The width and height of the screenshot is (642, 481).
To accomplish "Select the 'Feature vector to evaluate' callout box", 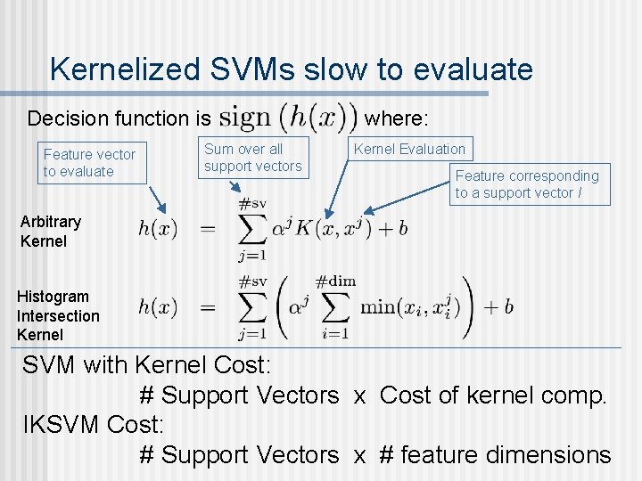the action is [x=89, y=163].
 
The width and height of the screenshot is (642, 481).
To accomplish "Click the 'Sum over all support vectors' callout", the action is [x=252, y=158].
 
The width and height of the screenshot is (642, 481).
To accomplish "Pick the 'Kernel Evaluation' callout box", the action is [x=409, y=150].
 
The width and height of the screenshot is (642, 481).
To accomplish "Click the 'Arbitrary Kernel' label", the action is [x=51, y=231].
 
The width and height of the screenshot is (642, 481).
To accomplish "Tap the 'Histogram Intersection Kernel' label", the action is [x=58, y=315].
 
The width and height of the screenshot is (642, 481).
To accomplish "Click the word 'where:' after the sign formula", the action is [x=397, y=118].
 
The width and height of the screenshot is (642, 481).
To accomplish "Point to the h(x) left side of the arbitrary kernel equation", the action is [x=158, y=228].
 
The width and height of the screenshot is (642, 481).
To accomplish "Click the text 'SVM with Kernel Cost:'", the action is [x=147, y=365].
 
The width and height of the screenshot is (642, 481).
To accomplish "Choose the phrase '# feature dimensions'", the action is [x=495, y=454].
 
